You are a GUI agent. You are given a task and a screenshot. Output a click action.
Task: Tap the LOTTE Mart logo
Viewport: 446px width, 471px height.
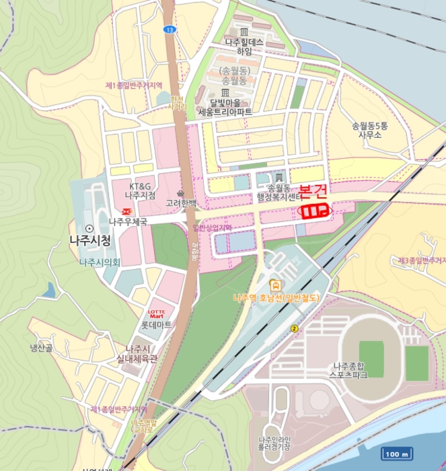(156, 314)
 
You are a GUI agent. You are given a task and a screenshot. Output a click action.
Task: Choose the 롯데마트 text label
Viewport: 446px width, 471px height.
(156, 324)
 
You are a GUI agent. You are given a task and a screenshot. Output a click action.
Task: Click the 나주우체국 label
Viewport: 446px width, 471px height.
(128, 221)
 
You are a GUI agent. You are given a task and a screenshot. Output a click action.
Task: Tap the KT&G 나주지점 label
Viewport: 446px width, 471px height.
(141, 190)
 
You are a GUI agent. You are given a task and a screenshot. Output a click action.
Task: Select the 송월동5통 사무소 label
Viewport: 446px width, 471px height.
(370, 130)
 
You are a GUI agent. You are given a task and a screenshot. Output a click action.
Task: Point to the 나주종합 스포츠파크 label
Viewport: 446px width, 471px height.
(350, 371)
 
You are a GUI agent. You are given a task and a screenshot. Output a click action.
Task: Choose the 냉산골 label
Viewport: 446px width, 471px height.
(40, 349)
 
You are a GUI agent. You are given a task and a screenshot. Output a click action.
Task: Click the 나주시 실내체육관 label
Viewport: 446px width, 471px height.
(137, 354)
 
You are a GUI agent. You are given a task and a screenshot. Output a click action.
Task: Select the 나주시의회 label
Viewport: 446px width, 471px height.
(100, 262)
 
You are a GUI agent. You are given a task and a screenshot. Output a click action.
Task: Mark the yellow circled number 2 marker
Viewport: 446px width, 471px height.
(294, 328)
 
